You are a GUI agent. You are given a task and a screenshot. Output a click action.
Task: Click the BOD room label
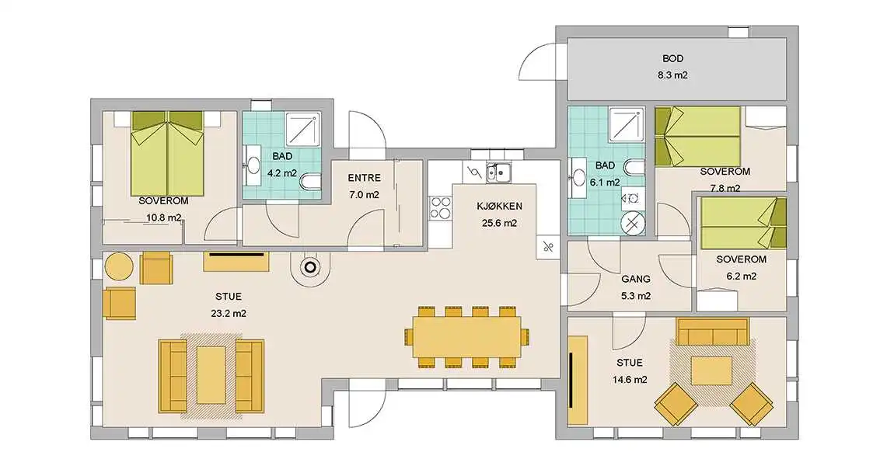coord(672,58)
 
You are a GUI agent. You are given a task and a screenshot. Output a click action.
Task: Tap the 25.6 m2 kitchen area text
coord(499,224)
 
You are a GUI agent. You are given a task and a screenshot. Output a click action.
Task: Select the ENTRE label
coord(365,178)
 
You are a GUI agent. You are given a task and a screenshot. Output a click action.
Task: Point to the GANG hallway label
coord(636,279)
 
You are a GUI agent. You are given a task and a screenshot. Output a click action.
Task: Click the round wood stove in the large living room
coord(309,266)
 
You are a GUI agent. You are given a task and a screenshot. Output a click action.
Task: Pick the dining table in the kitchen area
coord(467,337)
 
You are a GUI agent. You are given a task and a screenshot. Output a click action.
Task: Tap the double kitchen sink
coord(499,172)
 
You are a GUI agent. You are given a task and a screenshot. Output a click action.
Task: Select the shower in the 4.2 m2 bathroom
coord(302,129)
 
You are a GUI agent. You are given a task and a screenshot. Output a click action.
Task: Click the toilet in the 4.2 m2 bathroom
coord(310,183)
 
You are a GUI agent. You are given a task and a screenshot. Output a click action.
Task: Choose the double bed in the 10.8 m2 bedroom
coord(168,153)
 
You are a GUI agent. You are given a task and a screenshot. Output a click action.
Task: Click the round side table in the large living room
coord(119,266)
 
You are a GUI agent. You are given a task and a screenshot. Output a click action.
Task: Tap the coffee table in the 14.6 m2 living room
coord(711,370)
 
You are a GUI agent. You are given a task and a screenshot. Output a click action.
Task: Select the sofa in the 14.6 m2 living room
coord(712,332)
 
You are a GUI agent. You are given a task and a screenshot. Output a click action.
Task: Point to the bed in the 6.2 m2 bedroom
coord(743,224)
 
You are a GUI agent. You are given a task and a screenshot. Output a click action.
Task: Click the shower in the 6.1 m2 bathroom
coord(626,125)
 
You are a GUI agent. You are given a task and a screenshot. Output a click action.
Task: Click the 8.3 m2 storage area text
coord(672,75)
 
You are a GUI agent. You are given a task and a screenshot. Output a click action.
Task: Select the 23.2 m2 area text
coord(228,313)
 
